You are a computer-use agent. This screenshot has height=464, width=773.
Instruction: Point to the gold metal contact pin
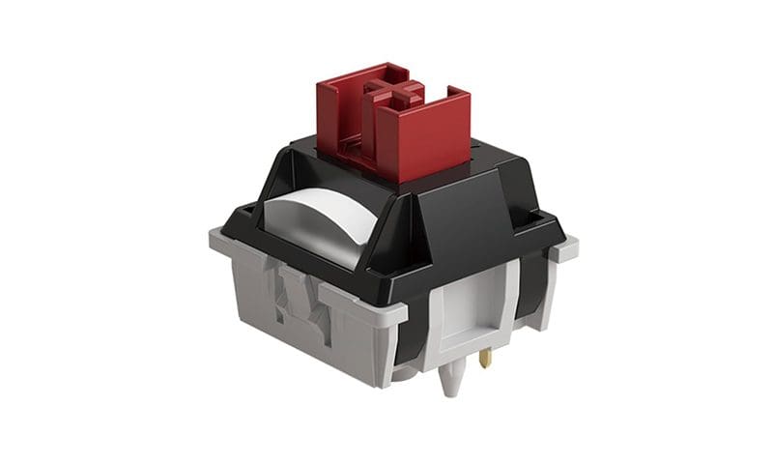click(485, 358)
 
